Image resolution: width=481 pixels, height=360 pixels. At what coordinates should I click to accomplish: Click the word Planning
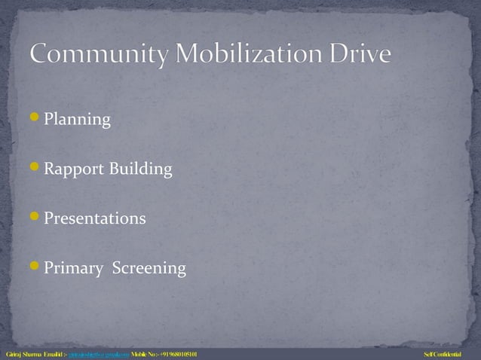click(77, 121)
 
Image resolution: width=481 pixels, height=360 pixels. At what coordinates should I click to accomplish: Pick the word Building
click(141, 170)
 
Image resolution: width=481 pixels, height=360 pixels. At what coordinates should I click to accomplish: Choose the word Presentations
click(94, 219)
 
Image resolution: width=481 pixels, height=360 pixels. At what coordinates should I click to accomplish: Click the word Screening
click(149, 269)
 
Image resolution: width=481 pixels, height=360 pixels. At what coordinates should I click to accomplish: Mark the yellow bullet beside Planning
click(35, 118)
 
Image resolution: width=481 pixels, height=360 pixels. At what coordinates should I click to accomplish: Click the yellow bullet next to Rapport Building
click(35, 168)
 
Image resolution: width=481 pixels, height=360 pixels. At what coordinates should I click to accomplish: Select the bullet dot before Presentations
click(35, 217)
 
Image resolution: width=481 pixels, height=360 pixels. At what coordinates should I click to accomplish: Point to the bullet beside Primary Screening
click(35, 266)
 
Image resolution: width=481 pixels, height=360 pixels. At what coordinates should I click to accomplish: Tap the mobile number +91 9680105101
click(179, 354)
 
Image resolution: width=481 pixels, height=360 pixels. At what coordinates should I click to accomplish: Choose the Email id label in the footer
click(55, 354)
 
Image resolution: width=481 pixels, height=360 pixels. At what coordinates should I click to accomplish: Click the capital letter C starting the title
click(40, 55)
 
